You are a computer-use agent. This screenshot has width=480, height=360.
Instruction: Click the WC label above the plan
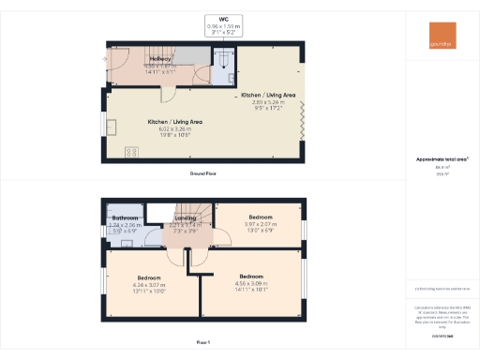(x=223, y=19)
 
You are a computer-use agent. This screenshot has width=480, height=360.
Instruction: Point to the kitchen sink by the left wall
(x=111, y=128)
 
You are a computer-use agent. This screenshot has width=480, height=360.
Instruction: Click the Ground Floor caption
(x=203, y=174)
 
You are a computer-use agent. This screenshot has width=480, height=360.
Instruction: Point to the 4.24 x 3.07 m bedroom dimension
(x=151, y=285)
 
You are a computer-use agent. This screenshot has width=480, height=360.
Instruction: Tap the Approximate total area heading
(x=442, y=159)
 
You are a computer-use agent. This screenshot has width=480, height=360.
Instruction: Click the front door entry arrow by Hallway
(x=102, y=59)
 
